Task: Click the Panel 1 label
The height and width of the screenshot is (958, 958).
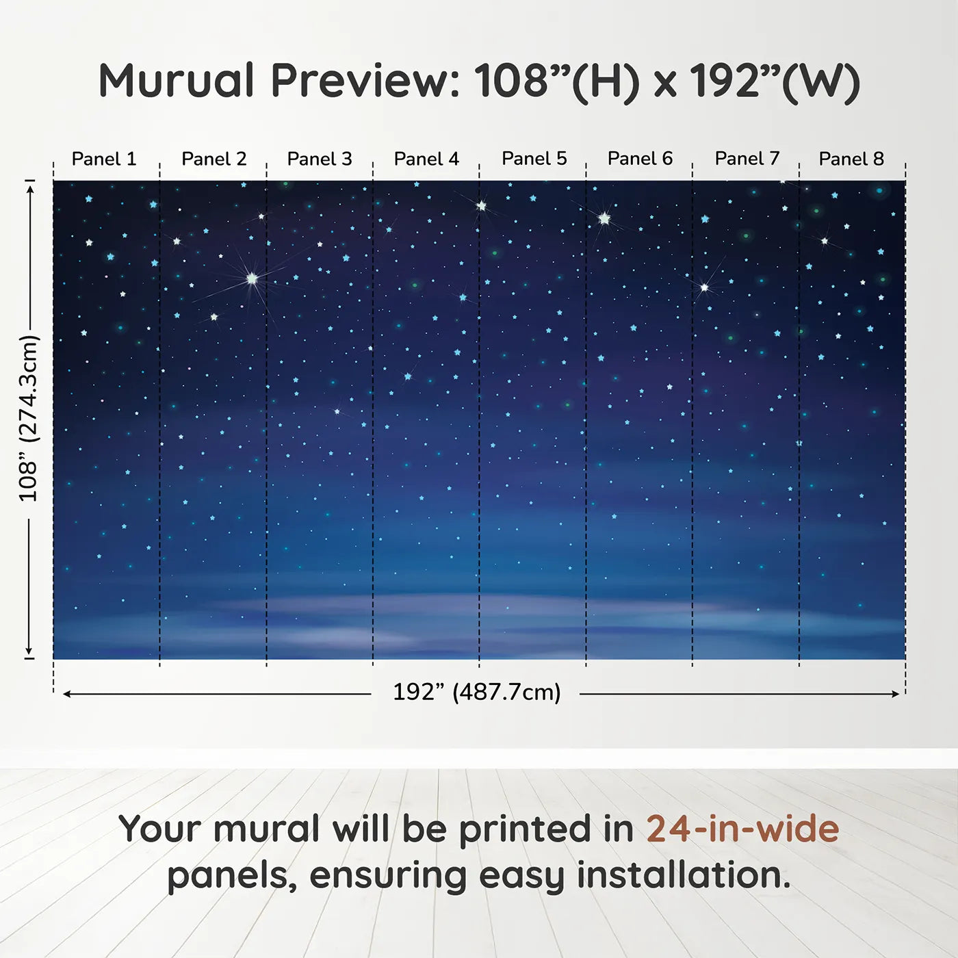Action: click(x=104, y=159)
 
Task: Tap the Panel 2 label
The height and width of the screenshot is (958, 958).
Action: click(x=213, y=159)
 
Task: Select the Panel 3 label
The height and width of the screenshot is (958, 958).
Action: click(x=320, y=159)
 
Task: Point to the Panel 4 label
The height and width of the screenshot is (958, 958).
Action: click(x=426, y=159)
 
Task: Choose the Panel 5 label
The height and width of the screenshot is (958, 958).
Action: click(x=534, y=159)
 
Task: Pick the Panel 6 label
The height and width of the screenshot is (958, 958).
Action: click(x=640, y=159)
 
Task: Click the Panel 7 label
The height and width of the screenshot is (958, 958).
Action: click(x=747, y=159)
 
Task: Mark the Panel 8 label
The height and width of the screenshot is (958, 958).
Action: click(x=851, y=159)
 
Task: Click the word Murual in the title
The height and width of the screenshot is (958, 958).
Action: click(x=177, y=81)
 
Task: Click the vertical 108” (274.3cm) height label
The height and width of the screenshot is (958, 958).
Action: click(x=29, y=418)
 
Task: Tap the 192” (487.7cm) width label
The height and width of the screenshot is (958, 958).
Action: click(x=476, y=692)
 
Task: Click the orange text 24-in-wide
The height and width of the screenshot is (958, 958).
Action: click(x=742, y=829)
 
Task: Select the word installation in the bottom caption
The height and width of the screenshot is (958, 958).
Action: click(x=683, y=875)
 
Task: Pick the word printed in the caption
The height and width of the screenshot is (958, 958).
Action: click(x=526, y=829)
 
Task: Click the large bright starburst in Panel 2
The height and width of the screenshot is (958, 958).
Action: click(x=253, y=279)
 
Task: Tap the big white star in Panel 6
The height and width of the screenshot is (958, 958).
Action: click(x=604, y=218)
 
